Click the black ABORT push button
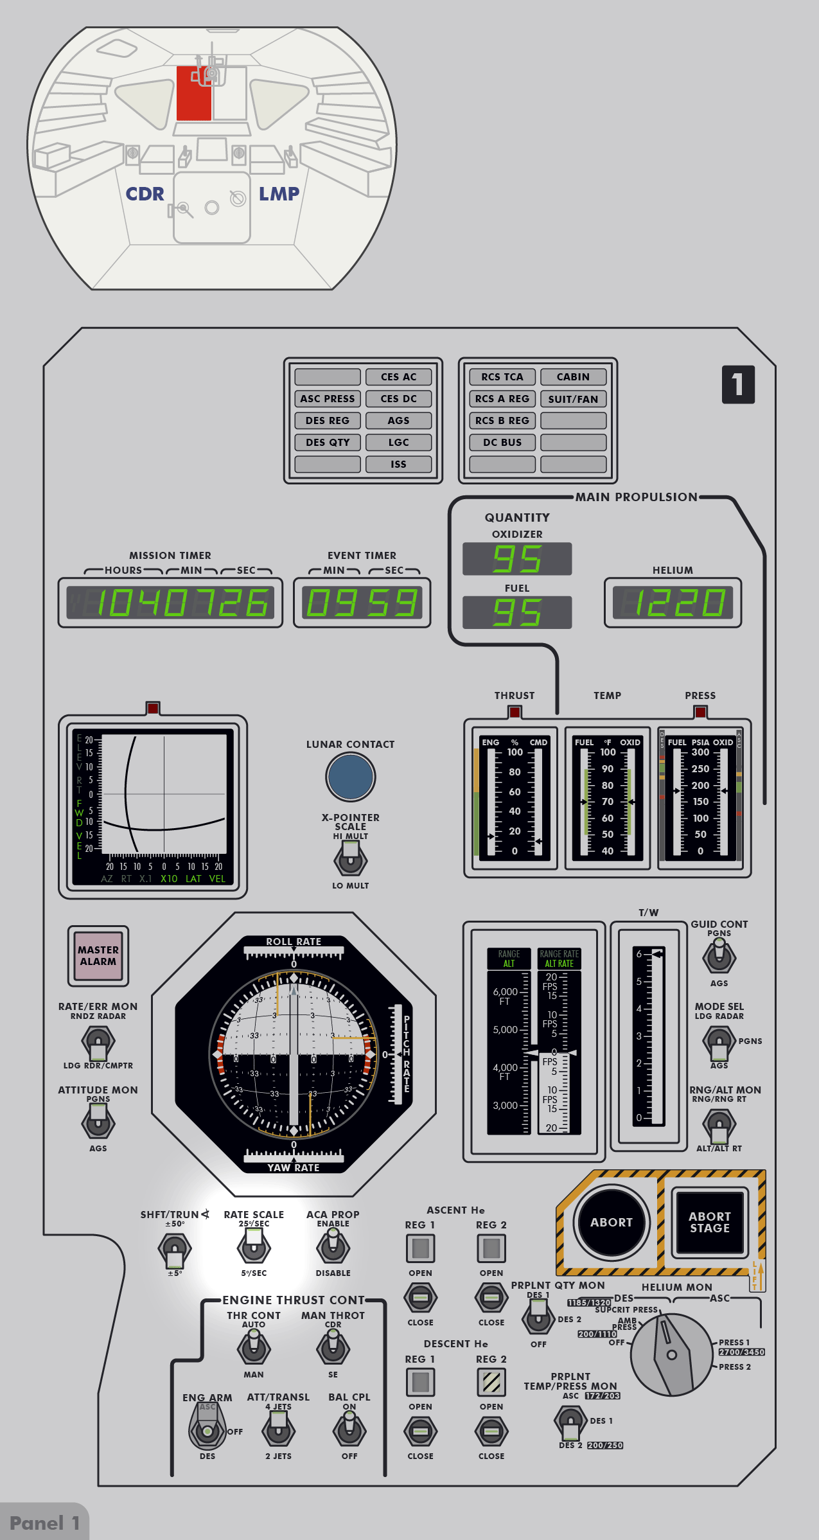point(611,1222)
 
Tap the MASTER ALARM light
point(98,955)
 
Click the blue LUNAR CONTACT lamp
point(350,776)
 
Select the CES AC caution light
point(398,377)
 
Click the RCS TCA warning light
point(502,377)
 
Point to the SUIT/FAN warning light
point(573,399)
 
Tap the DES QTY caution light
point(328,443)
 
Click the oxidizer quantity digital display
point(517,558)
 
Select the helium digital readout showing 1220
point(673,603)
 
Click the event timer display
point(362,603)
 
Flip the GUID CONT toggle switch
point(719,955)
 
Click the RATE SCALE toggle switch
point(254,1247)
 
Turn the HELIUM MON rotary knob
point(671,1354)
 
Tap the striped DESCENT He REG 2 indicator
point(491,1382)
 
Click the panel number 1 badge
point(738,385)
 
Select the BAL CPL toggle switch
point(349,1429)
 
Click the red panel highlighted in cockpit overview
point(193,94)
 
